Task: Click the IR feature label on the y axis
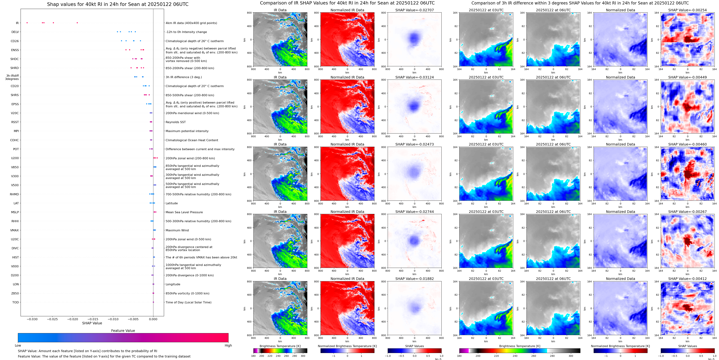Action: point(17,23)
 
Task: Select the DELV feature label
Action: point(15,32)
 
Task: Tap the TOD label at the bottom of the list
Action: point(16,302)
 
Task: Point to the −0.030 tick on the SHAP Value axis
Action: point(32,319)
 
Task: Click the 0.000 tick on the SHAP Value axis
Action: point(153,319)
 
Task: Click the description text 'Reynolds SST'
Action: point(175,122)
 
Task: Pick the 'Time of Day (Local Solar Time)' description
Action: point(188,302)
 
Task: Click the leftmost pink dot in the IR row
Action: point(27,23)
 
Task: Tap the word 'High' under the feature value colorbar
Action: point(228,345)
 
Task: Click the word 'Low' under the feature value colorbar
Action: point(18,345)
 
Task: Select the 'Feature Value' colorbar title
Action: point(123,331)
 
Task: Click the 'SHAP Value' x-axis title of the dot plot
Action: point(92,323)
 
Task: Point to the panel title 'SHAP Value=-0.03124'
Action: point(415,77)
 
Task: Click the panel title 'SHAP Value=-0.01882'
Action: point(415,279)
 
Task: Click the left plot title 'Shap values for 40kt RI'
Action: point(117,4)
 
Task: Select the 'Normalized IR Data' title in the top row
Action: point(347,10)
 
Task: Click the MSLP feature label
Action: point(15,212)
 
